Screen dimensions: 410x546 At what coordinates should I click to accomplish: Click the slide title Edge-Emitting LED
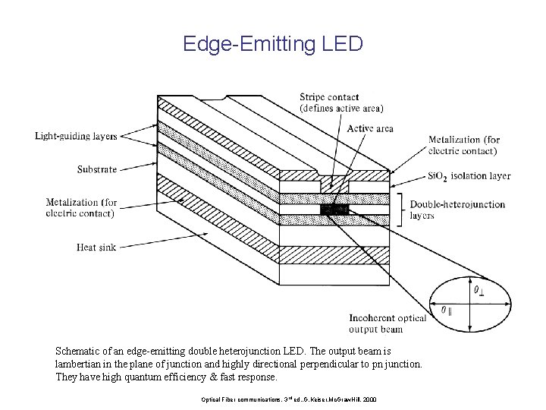[x=273, y=44]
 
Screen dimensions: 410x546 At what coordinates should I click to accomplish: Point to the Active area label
[x=370, y=128]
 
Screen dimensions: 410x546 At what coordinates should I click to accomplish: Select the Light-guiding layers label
[x=76, y=137]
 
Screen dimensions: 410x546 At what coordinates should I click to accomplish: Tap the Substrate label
[x=97, y=169]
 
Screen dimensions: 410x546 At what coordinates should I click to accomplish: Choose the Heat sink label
[x=96, y=247]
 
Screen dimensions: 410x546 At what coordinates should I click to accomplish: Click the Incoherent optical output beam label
[x=387, y=323]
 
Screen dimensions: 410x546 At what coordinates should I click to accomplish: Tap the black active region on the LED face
[x=334, y=209]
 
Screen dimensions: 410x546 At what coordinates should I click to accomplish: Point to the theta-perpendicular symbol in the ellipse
[x=480, y=290]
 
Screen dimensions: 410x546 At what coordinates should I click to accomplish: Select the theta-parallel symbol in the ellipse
[x=448, y=311]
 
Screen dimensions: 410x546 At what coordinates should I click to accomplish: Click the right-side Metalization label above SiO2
[x=464, y=144]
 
